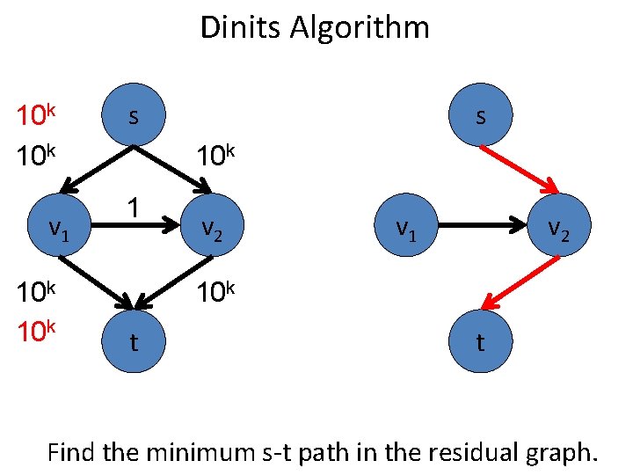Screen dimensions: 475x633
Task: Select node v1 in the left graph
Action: click(x=59, y=229)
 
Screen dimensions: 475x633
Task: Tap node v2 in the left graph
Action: click(x=210, y=229)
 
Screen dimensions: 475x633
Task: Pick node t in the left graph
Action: click(x=133, y=341)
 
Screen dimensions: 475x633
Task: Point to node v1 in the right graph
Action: click(x=404, y=229)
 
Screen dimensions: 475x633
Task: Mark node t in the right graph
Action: click(x=479, y=341)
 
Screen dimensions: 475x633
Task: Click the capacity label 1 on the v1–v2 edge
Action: click(x=132, y=208)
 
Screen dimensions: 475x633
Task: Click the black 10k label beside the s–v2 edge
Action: click(x=216, y=157)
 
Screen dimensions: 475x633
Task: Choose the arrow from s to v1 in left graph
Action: click(x=98, y=168)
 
